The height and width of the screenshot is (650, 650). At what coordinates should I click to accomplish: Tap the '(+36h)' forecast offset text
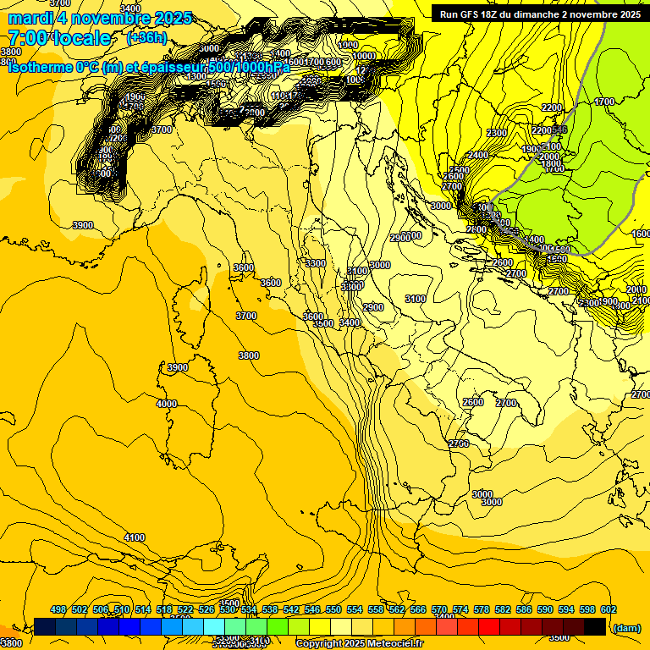[x=146, y=38]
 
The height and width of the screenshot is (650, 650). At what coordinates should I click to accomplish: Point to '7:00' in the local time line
[x=28, y=38]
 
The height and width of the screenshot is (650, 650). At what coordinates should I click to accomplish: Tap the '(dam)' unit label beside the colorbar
[x=625, y=628]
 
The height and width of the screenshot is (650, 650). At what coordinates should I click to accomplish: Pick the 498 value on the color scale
[x=58, y=610]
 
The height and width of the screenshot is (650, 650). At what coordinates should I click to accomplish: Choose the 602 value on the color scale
[x=609, y=610]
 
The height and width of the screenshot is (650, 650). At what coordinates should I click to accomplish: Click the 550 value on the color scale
[x=333, y=610]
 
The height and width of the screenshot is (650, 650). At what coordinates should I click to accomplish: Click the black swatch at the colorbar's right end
[x=595, y=627]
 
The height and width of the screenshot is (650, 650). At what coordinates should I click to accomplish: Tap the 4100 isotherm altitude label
[x=134, y=537]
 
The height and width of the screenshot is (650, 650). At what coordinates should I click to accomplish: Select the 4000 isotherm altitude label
[x=167, y=404]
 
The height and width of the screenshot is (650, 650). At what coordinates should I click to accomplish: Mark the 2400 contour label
[x=477, y=155]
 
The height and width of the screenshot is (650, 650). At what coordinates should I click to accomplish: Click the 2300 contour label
[x=497, y=133]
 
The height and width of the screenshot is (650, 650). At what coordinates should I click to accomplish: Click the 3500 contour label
[x=323, y=323]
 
